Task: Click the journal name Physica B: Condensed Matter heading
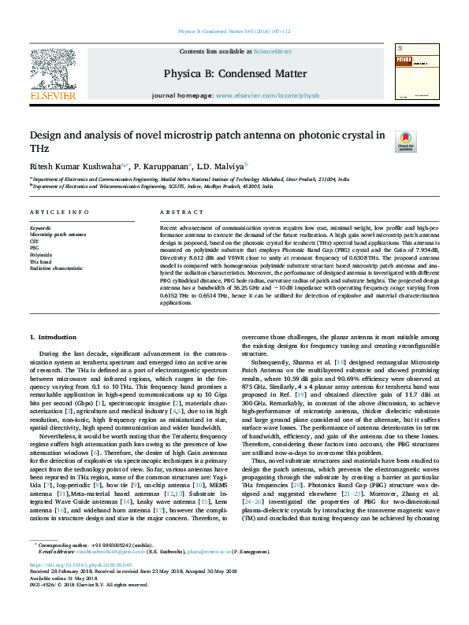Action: click(x=235, y=72)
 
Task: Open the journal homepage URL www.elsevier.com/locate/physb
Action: click(x=267, y=95)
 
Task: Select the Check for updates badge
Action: click(x=405, y=142)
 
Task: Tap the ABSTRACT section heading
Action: click(x=182, y=213)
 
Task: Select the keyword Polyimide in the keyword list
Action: click(x=40, y=256)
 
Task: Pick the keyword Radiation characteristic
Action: click(x=56, y=268)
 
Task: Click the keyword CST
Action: click(x=34, y=241)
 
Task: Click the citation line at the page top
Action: click(x=234, y=31)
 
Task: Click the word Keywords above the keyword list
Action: click(x=40, y=229)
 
